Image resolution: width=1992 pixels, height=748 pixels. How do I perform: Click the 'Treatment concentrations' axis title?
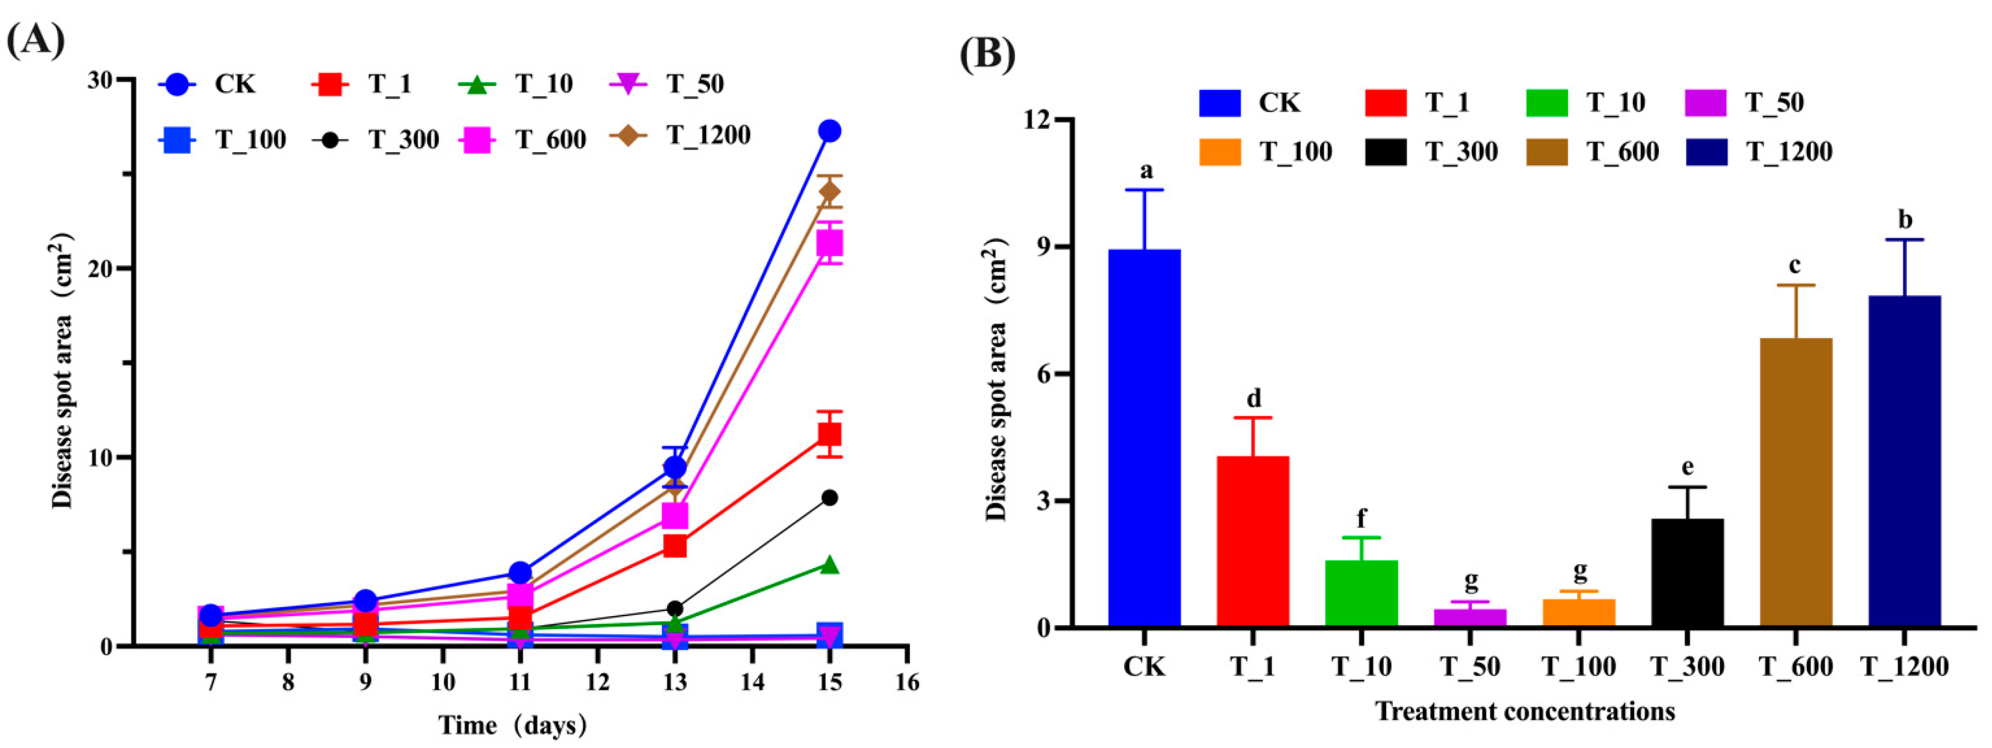point(1524,711)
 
